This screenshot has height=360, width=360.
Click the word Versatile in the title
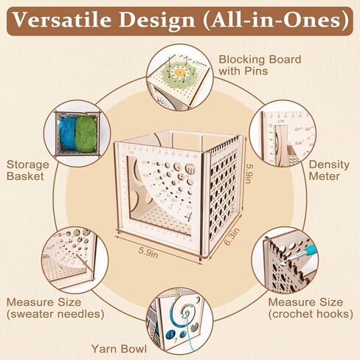point(62,20)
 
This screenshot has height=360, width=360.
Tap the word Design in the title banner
point(157,21)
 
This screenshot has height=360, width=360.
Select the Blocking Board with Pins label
point(260,65)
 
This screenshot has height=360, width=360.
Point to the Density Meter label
point(329,170)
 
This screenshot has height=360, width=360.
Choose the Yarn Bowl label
point(119,349)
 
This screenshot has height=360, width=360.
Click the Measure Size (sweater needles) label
point(55,308)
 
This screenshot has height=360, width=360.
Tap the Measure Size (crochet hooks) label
point(311,308)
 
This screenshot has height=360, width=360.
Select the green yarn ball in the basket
point(86,134)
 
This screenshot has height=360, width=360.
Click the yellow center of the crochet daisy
point(180,72)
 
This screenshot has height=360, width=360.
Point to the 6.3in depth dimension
point(232,236)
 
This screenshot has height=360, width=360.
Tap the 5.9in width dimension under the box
point(148,252)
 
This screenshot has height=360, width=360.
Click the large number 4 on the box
point(189,217)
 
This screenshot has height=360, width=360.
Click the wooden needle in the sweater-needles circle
point(85,263)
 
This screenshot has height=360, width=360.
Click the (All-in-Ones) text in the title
point(276,20)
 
